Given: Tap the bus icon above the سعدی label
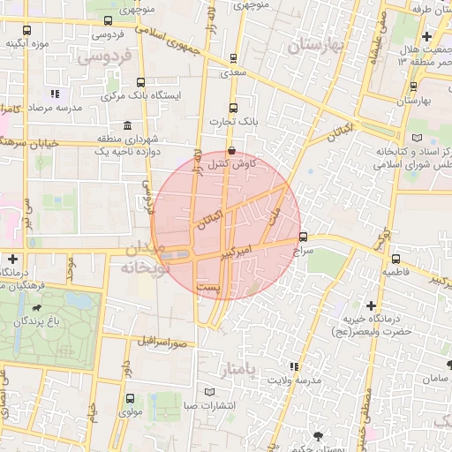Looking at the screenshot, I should point(233,59).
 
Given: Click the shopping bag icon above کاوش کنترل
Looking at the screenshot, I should point(231,150).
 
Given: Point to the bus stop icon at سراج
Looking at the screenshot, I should point(304,237).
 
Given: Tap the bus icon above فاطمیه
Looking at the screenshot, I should point(395,260).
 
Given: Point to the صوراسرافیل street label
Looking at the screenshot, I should point(162,341).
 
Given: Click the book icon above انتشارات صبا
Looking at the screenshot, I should point(209,391).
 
